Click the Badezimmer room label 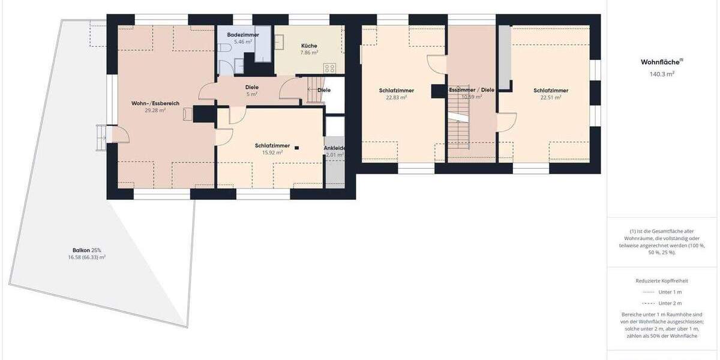click(243, 35)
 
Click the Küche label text click(309, 46)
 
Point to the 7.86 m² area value click(309, 53)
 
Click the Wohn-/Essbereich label click(155, 103)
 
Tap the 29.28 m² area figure click(155, 110)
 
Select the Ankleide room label click(334, 148)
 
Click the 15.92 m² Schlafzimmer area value click(272, 152)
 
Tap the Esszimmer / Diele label click(472, 90)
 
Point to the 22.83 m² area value click(397, 97)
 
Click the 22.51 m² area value click(551, 97)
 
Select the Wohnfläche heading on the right click(662, 62)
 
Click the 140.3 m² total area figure click(662, 74)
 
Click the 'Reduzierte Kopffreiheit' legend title click(662, 280)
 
